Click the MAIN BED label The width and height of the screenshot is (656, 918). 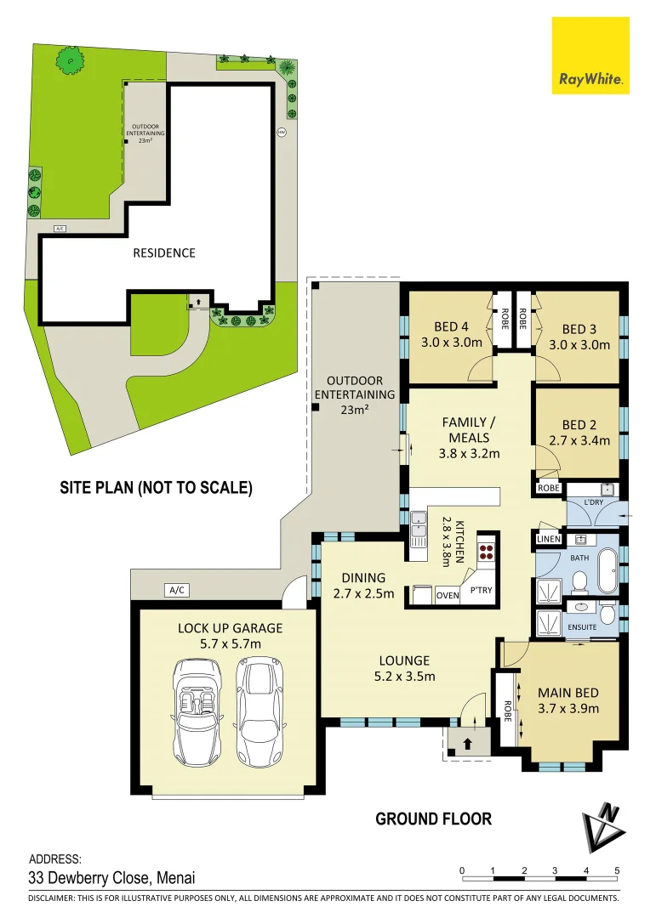pyautogui.click(x=568, y=693)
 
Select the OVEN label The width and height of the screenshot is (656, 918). pyautogui.click(x=448, y=595)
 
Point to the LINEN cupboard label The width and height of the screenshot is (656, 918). pyautogui.click(x=549, y=538)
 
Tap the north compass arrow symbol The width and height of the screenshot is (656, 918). pyautogui.click(x=602, y=827)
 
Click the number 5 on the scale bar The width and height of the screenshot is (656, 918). pyautogui.click(x=617, y=870)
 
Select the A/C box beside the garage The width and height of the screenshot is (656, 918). pyautogui.click(x=177, y=589)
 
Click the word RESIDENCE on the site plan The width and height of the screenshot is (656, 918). pyautogui.click(x=163, y=252)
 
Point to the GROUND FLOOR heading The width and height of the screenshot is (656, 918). pyautogui.click(x=433, y=819)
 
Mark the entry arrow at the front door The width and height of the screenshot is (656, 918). pyautogui.click(x=467, y=743)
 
